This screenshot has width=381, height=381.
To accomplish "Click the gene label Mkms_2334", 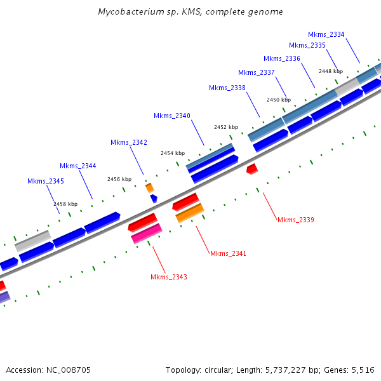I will click(326, 34).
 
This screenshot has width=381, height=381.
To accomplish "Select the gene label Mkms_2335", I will click(307, 45).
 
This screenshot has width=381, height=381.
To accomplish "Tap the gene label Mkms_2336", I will click(282, 58).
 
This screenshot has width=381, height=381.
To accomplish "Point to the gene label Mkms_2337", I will click(257, 72).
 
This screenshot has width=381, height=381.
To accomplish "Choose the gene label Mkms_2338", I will click(227, 88).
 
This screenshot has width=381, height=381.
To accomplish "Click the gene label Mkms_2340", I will click(172, 116).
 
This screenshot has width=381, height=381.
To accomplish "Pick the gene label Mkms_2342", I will click(129, 142).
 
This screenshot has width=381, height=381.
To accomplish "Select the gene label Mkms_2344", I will click(78, 166).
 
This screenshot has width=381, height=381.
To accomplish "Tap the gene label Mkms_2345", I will click(46, 181).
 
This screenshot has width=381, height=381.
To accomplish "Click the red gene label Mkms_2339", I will click(296, 220).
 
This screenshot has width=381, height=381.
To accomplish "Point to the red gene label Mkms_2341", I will click(228, 253).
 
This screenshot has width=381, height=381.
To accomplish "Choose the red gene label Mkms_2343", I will click(169, 277).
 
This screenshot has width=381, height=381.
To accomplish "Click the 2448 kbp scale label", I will click(331, 72).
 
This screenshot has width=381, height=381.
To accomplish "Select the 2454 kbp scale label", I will click(173, 153).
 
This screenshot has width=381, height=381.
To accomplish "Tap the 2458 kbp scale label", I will click(65, 204).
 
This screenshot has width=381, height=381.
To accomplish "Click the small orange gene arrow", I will click(150, 188).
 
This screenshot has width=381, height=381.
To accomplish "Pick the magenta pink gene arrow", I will click(147, 234).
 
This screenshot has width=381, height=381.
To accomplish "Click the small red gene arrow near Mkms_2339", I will click(252, 168).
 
